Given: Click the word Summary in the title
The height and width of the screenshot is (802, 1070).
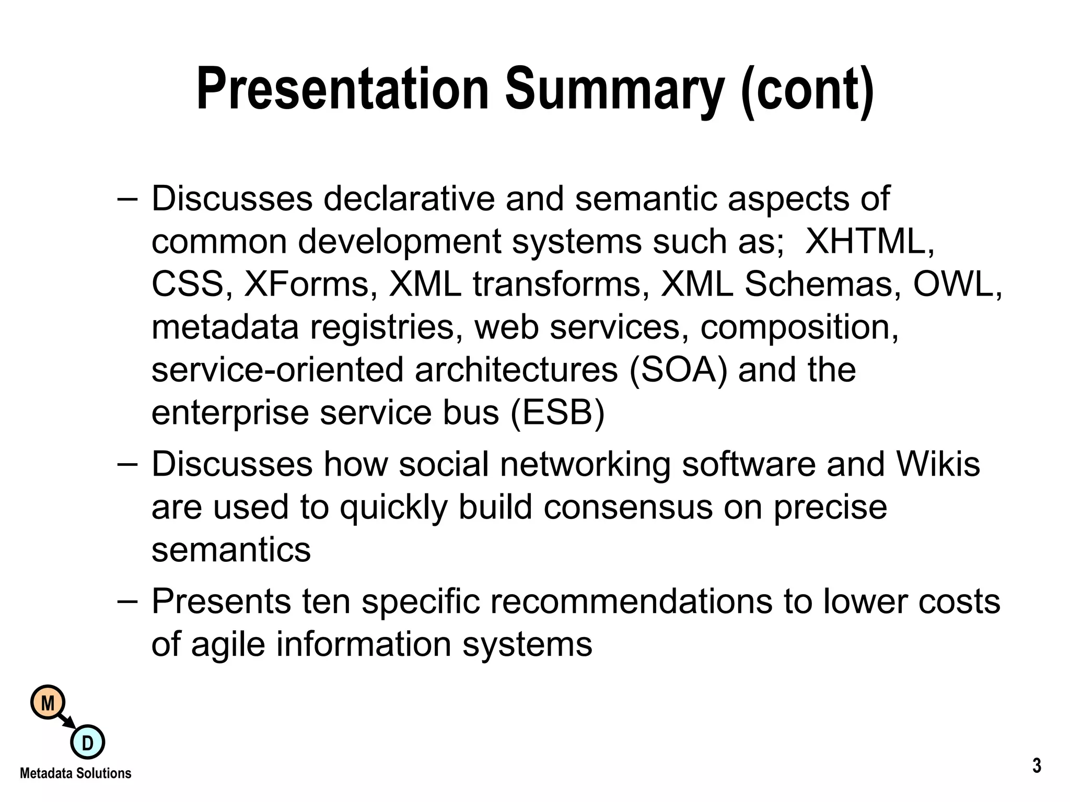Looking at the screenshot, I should (615, 90).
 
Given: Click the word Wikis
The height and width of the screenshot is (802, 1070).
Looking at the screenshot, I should (938, 464).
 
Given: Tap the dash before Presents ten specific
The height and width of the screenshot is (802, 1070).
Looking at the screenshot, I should (128, 601).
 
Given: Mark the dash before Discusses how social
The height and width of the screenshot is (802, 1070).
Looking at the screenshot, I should (128, 464).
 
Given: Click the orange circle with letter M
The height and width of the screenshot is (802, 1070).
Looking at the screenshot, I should (48, 703).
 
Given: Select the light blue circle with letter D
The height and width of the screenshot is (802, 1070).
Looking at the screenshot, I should (87, 742).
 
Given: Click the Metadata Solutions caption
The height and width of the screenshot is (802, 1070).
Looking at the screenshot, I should (76, 773).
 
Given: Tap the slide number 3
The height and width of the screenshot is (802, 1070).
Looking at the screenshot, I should (1037, 766).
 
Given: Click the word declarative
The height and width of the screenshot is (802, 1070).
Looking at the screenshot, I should (409, 199).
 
